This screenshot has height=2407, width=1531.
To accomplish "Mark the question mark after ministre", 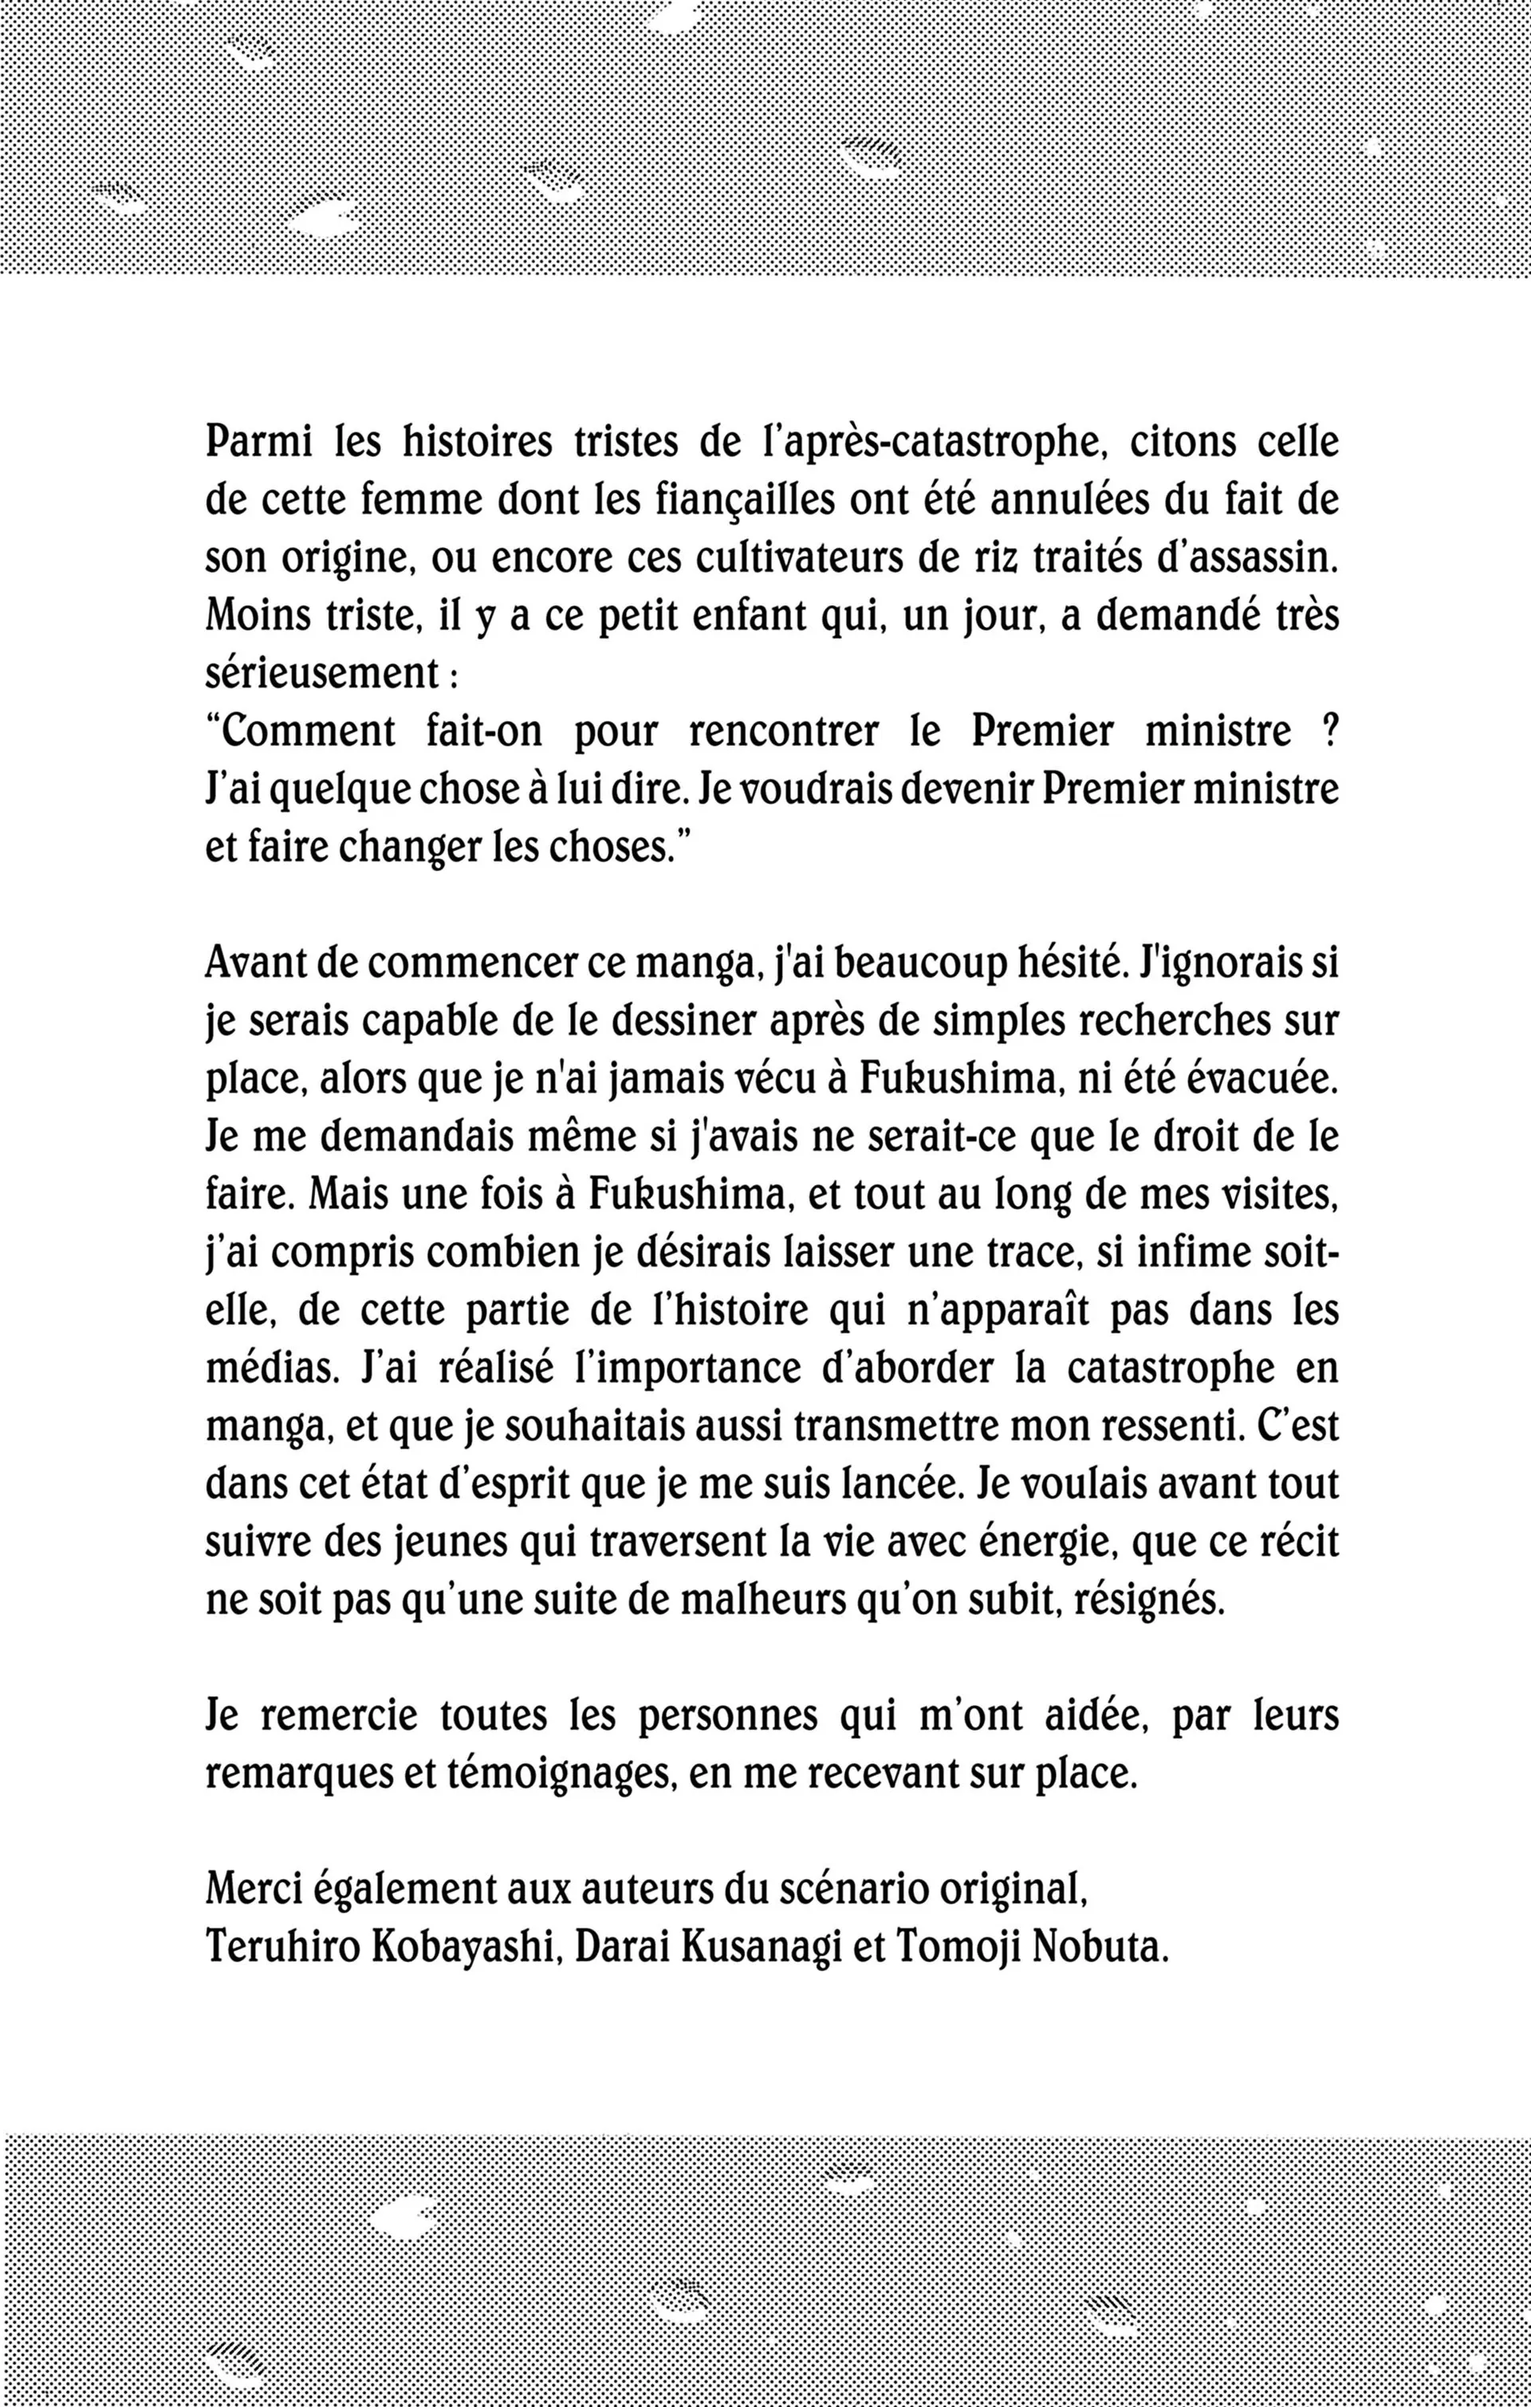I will [x=1328, y=731].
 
